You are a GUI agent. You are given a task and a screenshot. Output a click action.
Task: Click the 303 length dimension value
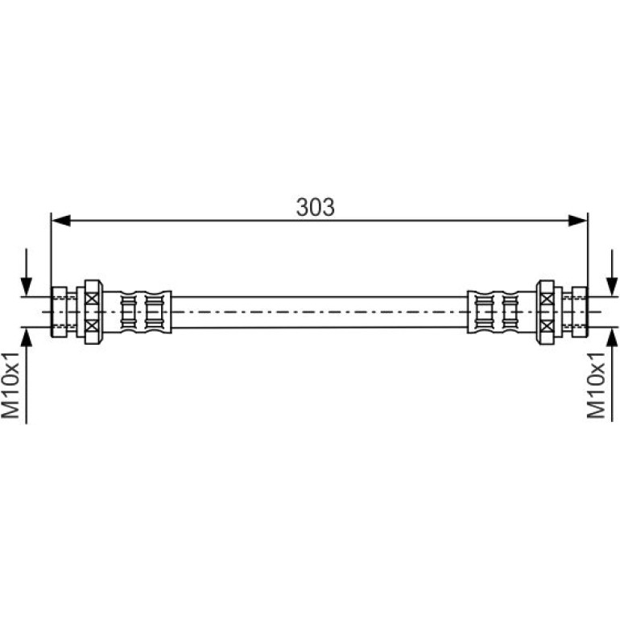tap(315, 207)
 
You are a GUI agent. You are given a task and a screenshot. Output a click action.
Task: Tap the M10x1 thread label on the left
tap(10, 385)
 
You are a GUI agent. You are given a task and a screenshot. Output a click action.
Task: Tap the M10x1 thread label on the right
tap(596, 385)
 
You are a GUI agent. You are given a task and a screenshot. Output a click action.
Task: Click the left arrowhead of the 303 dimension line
tap(61, 221)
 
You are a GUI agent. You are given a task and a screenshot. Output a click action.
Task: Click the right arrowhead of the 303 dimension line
tap(577, 221)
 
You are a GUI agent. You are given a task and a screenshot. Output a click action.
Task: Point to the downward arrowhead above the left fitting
tap(26, 287)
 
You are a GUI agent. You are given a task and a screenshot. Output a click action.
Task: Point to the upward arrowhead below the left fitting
tap(26, 337)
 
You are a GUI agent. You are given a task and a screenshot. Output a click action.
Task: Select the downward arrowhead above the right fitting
tap(612, 287)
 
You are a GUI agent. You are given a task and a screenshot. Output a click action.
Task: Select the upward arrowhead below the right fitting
tap(612, 337)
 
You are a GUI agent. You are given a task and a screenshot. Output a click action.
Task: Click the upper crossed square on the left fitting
tap(92, 298)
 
